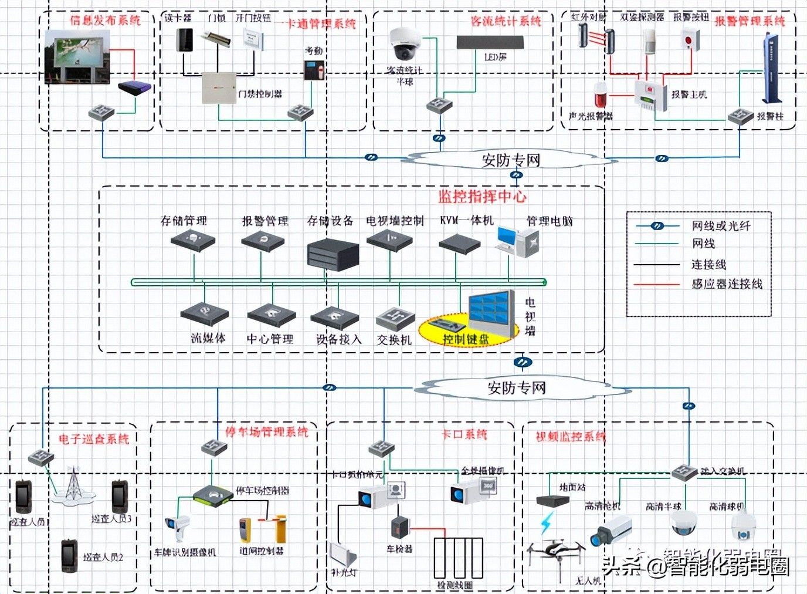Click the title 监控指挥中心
coord(482,197)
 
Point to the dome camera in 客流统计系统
coord(404,43)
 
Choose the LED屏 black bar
coord(490,43)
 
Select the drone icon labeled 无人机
coord(555,552)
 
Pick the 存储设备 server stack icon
coord(333,254)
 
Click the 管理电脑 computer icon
coord(517,241)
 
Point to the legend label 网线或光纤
coord(721,225)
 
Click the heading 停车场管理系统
coord(267,432)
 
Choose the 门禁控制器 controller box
coord(219,88)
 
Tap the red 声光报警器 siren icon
coord(600,95)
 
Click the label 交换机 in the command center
coord(394,339)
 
